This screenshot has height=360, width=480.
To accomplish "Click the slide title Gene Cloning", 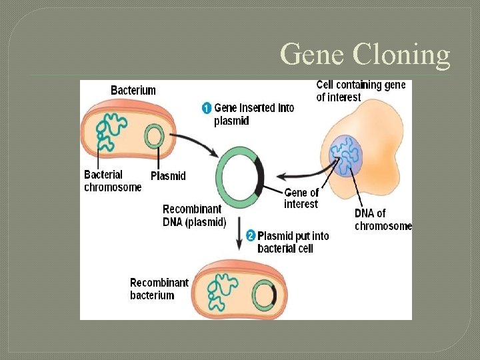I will (x=365, y=53).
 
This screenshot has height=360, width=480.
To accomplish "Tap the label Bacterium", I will (x=133, y=90).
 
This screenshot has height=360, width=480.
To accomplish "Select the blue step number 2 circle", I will (x=251, y=235).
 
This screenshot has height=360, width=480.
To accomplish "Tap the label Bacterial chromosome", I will (x=113, y=181).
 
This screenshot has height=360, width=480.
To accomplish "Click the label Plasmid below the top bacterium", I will (x=168, y=176).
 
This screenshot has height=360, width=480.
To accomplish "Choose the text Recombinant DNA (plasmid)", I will (x=195, y=215).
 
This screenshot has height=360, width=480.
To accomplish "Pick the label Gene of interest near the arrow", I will (x=301, y=199).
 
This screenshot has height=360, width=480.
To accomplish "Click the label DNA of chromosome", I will (x=383, y=219).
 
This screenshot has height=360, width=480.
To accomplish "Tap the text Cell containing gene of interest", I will (x=360, y=91).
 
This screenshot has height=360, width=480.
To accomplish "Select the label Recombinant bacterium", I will (x=159, y=289).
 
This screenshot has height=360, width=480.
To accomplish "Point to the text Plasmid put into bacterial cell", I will (x=293, y=242).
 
